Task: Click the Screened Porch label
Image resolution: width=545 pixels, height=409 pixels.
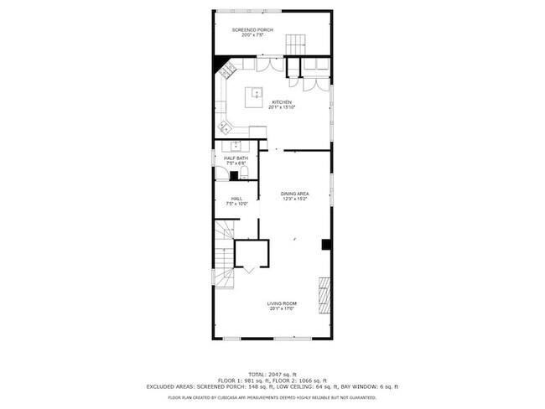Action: (x=257, y=30)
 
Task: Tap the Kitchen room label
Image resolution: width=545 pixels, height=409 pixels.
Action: (x=281, y=102)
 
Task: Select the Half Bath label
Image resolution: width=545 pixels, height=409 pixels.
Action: (x=236, y=158)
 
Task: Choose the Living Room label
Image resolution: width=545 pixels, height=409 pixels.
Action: (x=282, y=303)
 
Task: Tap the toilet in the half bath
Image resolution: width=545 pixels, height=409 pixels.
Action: (x=243, y=173)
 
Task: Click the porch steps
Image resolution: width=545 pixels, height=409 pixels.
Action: (x=295, y=44)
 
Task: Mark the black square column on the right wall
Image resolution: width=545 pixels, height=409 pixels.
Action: (x=326, y=245)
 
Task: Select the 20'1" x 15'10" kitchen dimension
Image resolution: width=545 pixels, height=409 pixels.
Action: (x=281, y=107)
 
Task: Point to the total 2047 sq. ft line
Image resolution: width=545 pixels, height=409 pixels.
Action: (x=272, y=373)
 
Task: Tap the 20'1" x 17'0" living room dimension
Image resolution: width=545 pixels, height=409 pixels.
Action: (x=282, y=308)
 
